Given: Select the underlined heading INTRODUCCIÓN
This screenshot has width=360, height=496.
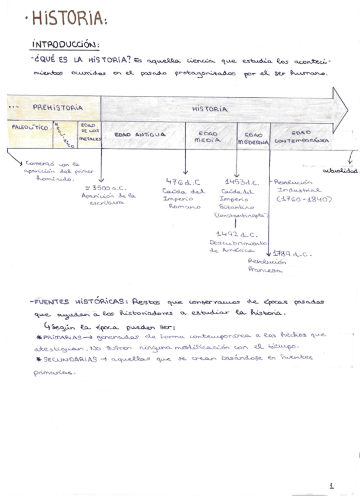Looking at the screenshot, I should click(x=65, y=44).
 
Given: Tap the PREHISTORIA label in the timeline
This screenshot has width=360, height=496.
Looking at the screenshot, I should click(x=57, y=108).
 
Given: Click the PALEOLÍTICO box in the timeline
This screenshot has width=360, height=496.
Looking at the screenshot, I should click(x=29, y=127).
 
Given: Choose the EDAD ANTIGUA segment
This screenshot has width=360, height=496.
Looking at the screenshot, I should click(x=140, y=134).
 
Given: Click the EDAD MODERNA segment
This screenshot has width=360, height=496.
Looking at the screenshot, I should click(x=253, y=137).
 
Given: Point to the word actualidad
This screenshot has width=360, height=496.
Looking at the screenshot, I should click(x=339, y=170).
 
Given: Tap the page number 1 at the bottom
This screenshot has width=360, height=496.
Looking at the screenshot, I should click(x=331, y=485).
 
